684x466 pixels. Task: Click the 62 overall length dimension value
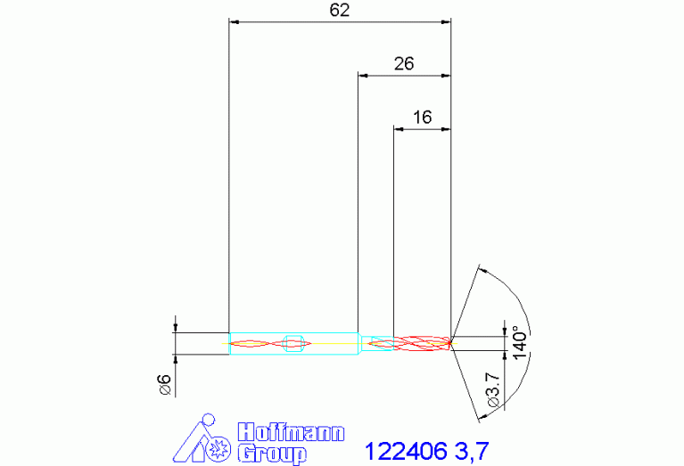tap(340, 10)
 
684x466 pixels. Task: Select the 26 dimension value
tap(404, 64)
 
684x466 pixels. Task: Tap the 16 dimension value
tap(423, 118)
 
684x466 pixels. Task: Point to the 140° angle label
tap(521, 343)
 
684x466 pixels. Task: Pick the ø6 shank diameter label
tap(165, 385)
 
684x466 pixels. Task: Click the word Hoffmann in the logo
tap(291, 433)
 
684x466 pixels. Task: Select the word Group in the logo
tap(272, 454)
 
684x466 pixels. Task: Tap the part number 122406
tap(406, 451)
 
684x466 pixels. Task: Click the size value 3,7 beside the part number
tap(472, 452)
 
